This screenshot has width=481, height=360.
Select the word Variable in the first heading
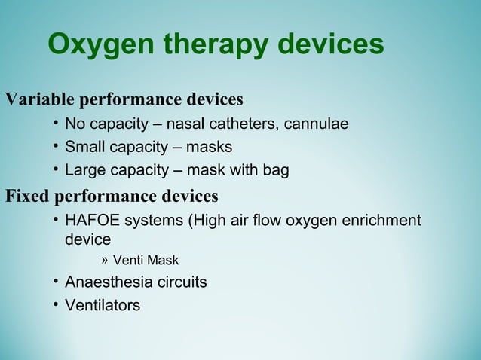coord(39,99)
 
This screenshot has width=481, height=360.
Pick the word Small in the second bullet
coord(84,147)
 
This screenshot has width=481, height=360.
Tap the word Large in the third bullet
coord(86,170)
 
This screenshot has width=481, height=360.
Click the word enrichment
coord(382,221)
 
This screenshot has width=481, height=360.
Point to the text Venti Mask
coord(146,261)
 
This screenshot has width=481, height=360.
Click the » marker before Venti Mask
coord(105,260)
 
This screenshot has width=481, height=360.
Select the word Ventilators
coord(103,306)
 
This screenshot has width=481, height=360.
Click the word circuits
coord(180,282)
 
